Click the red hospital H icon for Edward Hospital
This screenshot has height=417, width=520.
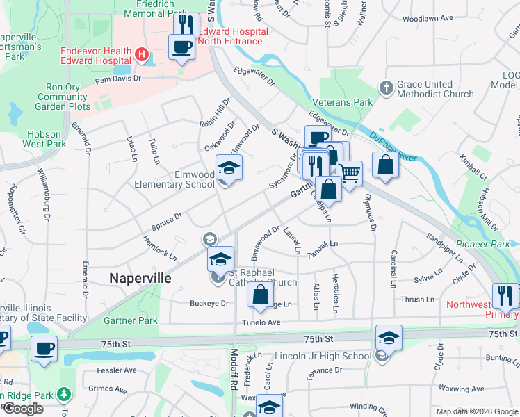142,54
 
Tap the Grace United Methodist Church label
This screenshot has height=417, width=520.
435,89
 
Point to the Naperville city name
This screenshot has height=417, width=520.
140,277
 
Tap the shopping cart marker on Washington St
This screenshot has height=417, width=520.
350,173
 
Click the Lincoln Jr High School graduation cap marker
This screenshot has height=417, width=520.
389,338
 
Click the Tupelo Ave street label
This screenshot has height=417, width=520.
261,322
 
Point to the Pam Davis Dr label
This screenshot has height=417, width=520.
117,79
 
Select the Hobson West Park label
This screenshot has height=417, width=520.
44,139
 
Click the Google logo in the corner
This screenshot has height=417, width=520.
23,409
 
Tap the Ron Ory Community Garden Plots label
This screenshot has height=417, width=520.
68,97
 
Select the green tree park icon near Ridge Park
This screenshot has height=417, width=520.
65,395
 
